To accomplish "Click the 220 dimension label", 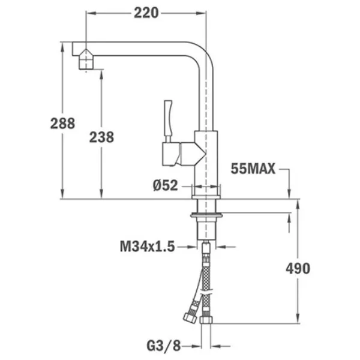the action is pos(146,13).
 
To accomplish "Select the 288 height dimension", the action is pos(62,123).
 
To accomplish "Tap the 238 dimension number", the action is pos(101,137).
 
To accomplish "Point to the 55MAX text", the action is pos(253,169).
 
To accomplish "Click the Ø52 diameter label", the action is pos(166,185).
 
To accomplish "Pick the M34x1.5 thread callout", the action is pos(148,247).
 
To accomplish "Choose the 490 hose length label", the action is pos(298,268).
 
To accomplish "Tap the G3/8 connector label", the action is pos(164,346).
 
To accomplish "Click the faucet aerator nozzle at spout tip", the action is pos(86,59).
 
